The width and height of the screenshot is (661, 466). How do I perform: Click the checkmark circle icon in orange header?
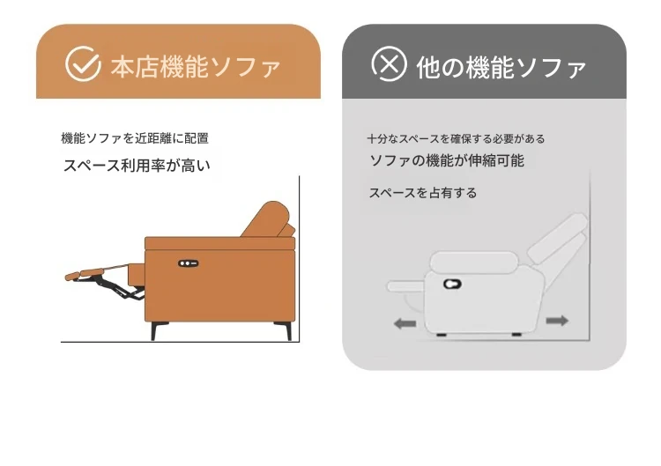(x=83, y=63)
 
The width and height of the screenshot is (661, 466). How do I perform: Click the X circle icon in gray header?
(x=389, y=63)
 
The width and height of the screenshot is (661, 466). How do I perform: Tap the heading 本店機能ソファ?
(x=196, y=67)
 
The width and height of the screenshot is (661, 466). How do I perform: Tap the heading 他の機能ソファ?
(x=501, y=68)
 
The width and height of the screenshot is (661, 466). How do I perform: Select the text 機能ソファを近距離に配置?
(x=135, y=138)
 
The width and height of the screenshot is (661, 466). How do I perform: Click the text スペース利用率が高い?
(x=137, y=166)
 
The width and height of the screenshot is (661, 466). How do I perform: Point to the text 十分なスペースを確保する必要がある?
(x=456, y=138)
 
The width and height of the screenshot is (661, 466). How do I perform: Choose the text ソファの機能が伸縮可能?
(x=447, y=160)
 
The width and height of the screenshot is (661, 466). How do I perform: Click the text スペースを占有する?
(x=423, y=193)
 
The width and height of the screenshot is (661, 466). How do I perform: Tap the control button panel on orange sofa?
(x=188, y=263)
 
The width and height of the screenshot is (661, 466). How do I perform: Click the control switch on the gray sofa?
(x=452, y=284)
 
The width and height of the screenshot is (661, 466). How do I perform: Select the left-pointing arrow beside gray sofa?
(x=405, y=323)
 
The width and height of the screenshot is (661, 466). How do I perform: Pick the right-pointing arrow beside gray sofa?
(x=557, y=321)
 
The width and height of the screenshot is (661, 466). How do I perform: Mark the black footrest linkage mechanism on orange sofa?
(x=116, y=286)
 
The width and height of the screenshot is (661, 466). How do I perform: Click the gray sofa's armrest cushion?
(x=473, y=262)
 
